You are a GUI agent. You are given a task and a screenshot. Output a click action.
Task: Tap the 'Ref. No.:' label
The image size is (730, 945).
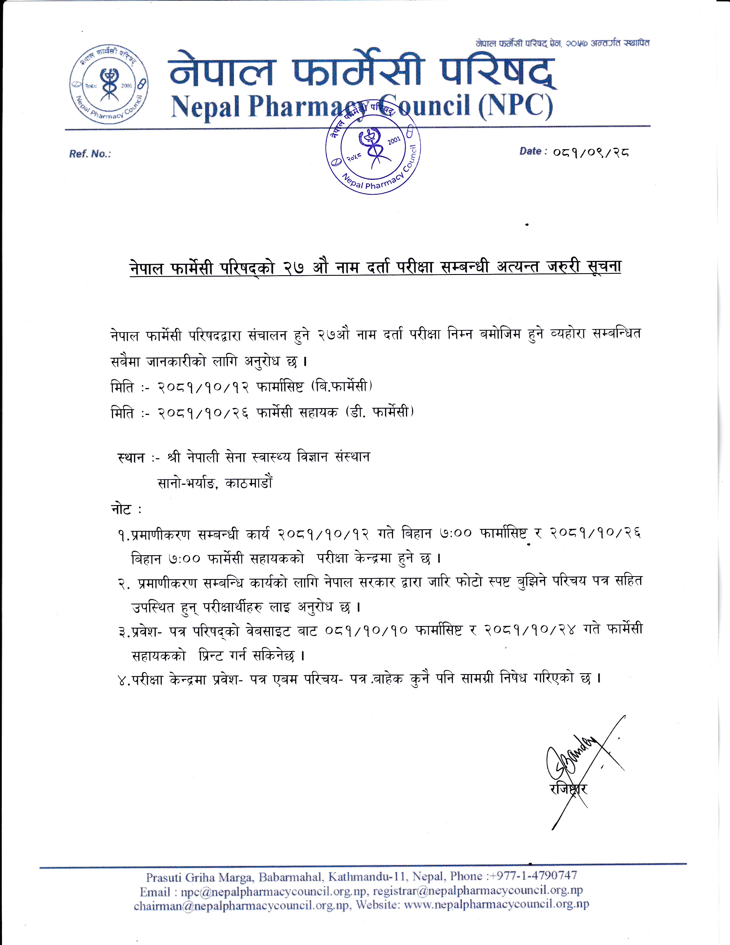[90, 154]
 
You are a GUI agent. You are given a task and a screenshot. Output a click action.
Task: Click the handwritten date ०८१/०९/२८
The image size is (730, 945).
[591, 153]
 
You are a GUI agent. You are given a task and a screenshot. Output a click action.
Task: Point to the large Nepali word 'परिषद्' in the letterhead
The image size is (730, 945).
[497, 71]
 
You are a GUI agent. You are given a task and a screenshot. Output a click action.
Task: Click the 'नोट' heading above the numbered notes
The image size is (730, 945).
[121, 510]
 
